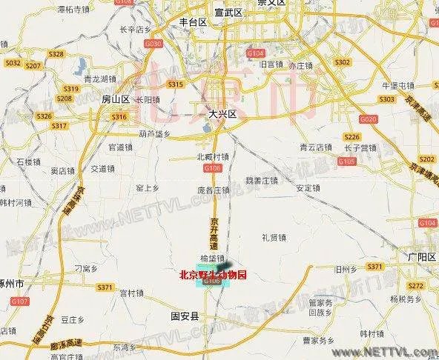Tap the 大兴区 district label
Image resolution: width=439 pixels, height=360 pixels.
221,115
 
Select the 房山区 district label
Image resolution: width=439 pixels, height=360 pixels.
115,99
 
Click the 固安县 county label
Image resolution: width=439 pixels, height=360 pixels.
185,316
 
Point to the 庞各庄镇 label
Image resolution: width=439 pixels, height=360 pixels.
214,189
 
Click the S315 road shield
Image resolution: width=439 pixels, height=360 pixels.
176,84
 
